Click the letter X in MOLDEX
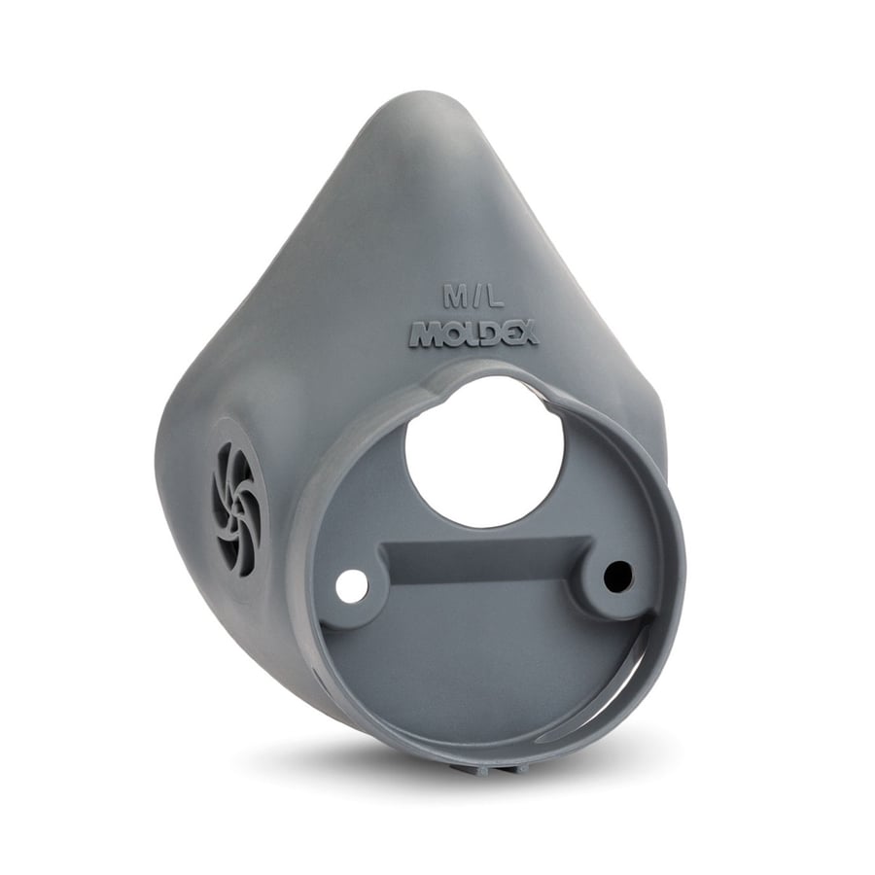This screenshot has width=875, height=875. click(527, 334)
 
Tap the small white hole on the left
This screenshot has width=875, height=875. click(353, 587)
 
